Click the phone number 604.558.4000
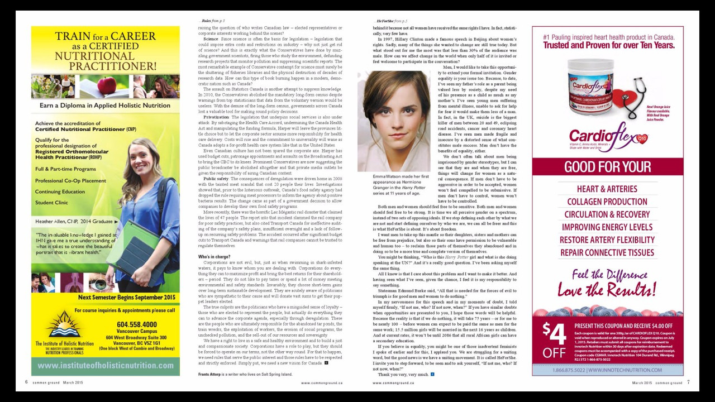137,324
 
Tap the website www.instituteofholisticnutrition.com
106,365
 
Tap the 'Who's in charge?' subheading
214,257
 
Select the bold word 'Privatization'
216,117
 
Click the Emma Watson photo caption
393,185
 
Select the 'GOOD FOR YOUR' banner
607,167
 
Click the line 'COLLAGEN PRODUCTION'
607,202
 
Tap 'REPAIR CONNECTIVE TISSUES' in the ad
607,252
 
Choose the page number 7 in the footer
688,382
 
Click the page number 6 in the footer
26,382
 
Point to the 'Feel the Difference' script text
607,275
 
